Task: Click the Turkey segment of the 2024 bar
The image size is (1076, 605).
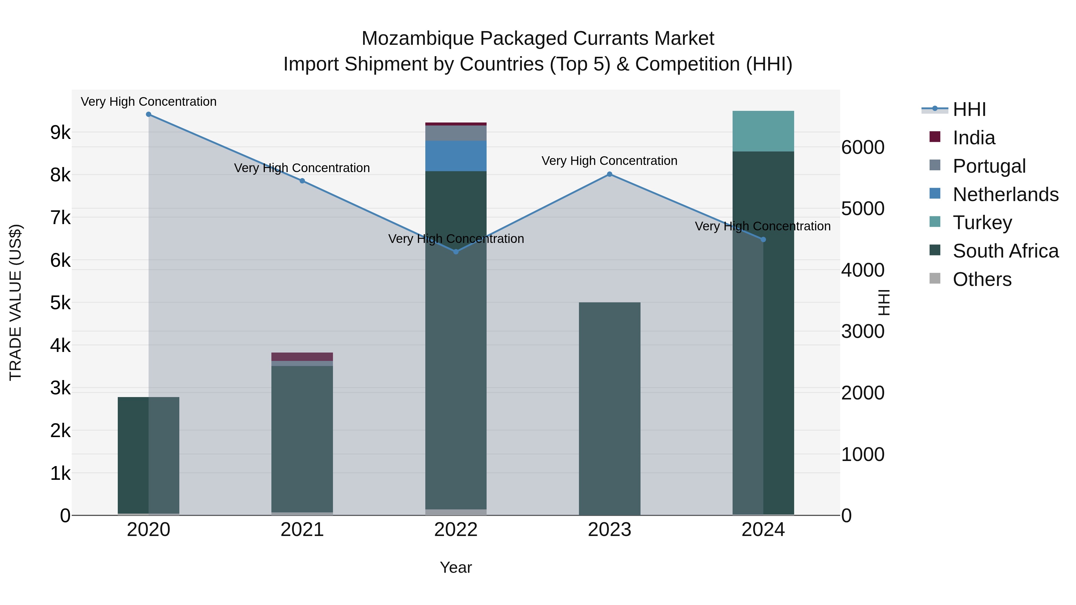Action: pyautogui.click(x=763, y=131)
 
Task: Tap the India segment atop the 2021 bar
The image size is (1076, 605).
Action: pyautogui.click(x=302, y=356)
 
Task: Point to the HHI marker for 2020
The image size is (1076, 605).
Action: pyautogui.click(x=149, y=114)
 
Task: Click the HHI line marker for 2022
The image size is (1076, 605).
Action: pyautogui.click(x=456, y=252)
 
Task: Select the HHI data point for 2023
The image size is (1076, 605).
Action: pyautogui.click(x=609, y=174)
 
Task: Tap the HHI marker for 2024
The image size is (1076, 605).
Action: pyautogui.click(x=763, y=240)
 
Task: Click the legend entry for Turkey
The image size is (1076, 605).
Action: pyautogui.click(x=982, y=223)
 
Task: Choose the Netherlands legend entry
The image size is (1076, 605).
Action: pyautogui.click(x=1005, y=194)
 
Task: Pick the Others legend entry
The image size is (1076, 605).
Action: pyautogui.click(x=982, y=279)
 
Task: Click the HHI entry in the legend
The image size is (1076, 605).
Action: pyautogui.click(x=969, y=109)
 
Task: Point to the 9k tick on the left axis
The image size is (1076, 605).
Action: pyautogui.click(x=60, y=133)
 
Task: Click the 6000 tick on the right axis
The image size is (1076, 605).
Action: pyautogui.click(x=863, y=147)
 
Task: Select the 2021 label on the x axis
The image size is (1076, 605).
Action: pyautogui.click(x=302, y=530)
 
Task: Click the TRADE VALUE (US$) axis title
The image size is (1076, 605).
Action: pyautogui.click(x=16, y=302)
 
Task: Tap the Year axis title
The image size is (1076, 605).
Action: pyautogui.click(x=456, y=567)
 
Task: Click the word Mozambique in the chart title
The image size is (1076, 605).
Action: pyautogui.click(x=418, y=39)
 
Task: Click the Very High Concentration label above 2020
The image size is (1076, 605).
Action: pyautogui.click(x=149, y=102)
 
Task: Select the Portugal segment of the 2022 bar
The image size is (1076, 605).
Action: pyautogui.click(x=456, y=133)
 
